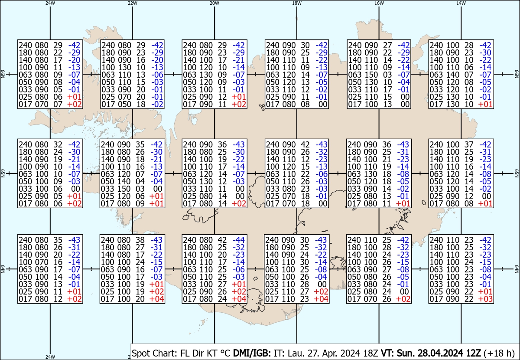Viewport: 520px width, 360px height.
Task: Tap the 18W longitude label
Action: point(296,3)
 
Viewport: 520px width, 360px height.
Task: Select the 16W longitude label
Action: point(379,3)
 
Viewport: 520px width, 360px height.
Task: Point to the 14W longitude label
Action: point(461,3)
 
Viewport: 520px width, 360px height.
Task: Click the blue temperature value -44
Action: point(239,240)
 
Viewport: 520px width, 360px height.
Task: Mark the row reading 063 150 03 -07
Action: point(379,74)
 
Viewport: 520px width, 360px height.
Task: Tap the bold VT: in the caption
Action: point(387,353)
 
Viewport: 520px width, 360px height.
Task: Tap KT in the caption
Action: point(210,353)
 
